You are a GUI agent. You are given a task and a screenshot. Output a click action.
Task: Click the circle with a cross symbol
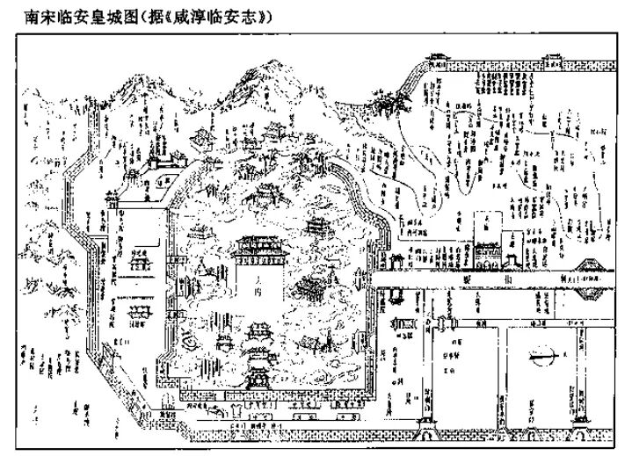540,357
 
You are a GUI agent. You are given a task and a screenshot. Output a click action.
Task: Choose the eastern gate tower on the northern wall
553,60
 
